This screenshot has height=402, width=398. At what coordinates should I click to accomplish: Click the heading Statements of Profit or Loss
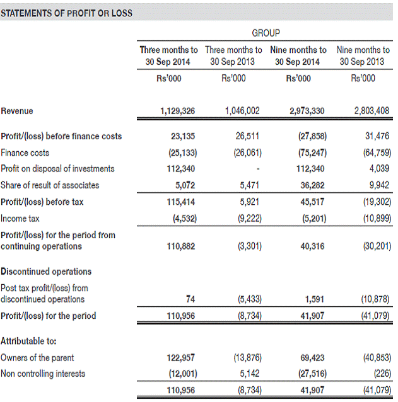(x=66, y=13)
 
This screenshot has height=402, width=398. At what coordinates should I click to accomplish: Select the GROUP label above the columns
(x=266, y=33)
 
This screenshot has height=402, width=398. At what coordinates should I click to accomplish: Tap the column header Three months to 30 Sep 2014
(x=168, y=55)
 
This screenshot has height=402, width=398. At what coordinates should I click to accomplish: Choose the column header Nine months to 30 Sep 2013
(x=363, y=55)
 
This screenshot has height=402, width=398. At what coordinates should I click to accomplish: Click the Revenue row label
(x=17, y=111)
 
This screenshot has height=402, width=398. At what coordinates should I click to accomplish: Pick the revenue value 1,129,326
(x=178, y=111)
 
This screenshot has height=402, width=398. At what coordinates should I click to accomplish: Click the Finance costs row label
(x=25, y=152)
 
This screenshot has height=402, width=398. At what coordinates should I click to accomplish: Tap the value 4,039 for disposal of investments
(x=380, y=169)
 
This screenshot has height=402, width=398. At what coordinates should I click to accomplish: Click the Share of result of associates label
(x=50, y=185)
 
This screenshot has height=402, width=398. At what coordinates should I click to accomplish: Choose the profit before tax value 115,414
(x=183, y=202)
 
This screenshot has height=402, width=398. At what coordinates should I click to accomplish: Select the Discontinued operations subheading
(x=46, y=272)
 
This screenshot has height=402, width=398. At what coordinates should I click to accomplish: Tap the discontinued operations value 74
(x=190, y=299)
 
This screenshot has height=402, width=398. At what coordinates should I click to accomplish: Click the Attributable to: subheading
(x=29, y=341)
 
